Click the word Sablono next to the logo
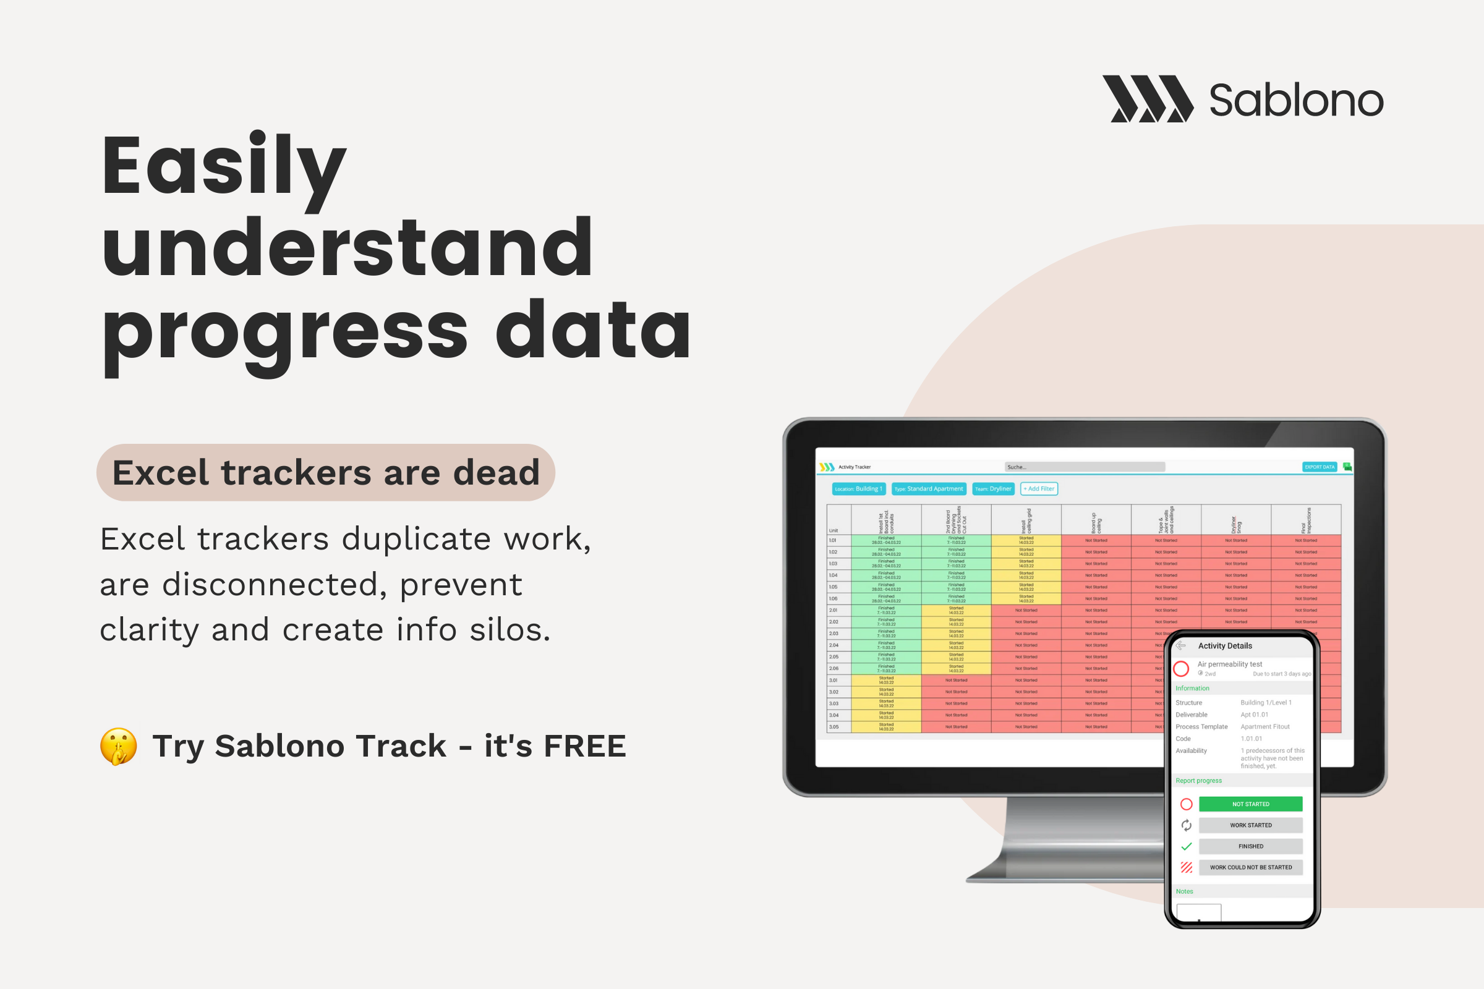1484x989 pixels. (x=1295, y=101)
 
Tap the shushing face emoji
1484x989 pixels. (x=119, y=746)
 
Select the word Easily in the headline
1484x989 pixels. (x=224, y=167)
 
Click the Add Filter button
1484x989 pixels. (x=1039, y=489)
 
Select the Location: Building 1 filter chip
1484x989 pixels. (x=859, y=489)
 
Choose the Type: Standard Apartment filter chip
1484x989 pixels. (x=929, y=489)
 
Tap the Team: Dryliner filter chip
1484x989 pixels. (x=993, y=489)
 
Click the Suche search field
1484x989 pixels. (x=1085, y=467)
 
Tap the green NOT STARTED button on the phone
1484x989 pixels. (x=1250, y=804)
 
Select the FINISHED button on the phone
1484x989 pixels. (x=1250, y=846)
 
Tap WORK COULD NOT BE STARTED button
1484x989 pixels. (x=1250, y=867)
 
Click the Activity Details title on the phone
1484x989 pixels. (x=1225, y=646)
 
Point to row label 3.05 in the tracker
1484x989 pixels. (x=834, y=727)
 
